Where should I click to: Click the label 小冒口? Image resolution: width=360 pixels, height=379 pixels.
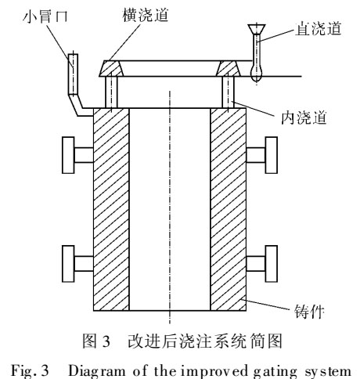click(45, 16)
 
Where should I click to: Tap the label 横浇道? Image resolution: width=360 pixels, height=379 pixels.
click(146, 14)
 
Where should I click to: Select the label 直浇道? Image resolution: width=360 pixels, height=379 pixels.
click(319, 28)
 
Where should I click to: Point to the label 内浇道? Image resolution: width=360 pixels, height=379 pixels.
click(304, 117)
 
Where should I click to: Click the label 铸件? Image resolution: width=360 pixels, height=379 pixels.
click(309, 312)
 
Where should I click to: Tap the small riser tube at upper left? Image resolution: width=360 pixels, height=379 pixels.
click(73, 74)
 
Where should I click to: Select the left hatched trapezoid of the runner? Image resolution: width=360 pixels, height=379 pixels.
click(111, 68)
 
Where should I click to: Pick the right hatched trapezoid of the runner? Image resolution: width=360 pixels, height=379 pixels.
click(228, 68)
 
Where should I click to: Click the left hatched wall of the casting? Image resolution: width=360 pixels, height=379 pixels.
click(111, 209)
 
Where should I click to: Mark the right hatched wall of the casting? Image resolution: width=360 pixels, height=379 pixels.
click(228, 209)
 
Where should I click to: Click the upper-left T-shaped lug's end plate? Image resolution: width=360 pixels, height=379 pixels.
click(68, 155)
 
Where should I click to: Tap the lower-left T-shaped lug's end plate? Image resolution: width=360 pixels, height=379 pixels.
click(68, 264)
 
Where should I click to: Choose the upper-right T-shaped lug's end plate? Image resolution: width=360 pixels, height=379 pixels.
click(272, 155)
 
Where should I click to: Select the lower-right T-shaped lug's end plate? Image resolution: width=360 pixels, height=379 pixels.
click(272, 264)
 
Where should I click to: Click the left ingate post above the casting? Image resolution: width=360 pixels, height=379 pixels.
click(111, 92)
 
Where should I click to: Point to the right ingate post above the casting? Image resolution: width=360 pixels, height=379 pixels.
click(228, 92)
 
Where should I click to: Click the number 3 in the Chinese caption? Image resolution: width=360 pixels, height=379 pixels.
click(106, 341)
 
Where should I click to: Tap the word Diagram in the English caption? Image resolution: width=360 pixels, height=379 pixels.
click(97, 371)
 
